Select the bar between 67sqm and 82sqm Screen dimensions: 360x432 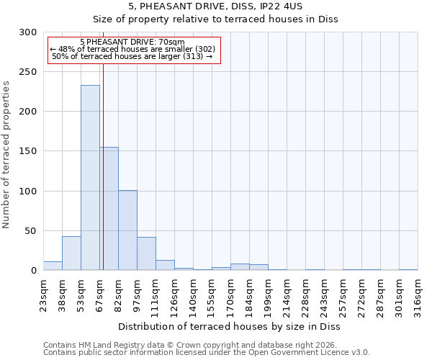109,209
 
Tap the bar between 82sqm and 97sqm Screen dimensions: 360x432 127,230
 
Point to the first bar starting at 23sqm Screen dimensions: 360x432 53,266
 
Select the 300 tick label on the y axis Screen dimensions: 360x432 28,32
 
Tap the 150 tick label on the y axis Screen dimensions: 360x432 28,151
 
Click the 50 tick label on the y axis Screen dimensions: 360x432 31,231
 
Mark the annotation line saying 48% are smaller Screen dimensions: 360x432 132,49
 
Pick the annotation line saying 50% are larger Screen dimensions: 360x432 132,56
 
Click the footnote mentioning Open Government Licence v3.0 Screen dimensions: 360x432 207,353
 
